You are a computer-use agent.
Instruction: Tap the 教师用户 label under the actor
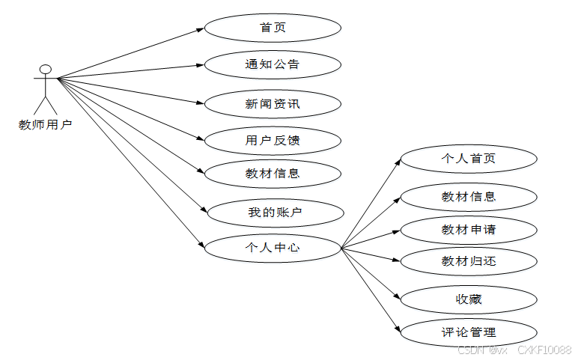pos(45,124)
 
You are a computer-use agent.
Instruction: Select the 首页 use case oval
pos(273,28)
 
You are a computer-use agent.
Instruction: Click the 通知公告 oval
pos(273,64)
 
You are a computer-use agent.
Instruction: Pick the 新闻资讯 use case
pos(273,103)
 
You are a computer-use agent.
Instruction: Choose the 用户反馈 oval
pos(273,140)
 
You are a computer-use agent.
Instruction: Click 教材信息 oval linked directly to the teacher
pos(273,174)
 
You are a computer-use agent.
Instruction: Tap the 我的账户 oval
pos(275,213)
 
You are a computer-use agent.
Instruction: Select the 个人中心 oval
pos(273,247)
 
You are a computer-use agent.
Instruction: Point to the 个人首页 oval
pos(469,159)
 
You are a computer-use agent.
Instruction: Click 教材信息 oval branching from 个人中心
pos(469,197)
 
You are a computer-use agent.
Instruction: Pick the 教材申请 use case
pos(469,230)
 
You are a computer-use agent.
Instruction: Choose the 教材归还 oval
pos(469,261)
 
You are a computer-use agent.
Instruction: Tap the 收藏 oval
pos(469,299)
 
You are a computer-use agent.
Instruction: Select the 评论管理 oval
pos(469,332)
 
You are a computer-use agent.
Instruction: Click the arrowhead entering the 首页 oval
pos(200,29)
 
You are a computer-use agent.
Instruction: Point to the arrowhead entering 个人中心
pos(200,245)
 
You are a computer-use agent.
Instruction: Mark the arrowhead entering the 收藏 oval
pos(398,297)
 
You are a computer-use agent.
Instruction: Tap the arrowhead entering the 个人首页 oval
pos(398,161)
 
